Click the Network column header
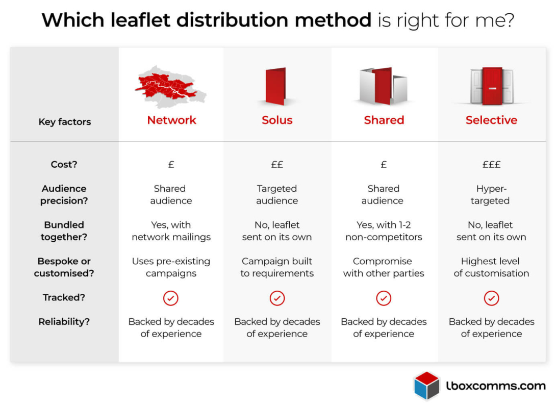coord(171,120)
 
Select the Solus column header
coord(277,120)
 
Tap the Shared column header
coord(384,120)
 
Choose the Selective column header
coord(491,120)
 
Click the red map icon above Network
coord(170,86)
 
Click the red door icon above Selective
coord(492,85)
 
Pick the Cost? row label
coord(64,165)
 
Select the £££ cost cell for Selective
coord(491,165)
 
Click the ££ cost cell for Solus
coord(277,165)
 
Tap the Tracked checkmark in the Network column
coord(171,298)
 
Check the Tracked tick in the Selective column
coord(491,298)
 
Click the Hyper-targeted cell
coord(491,195)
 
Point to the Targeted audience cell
coord(277,195)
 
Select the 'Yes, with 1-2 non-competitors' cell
coord(384,231)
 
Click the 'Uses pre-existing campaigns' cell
coord(171,267)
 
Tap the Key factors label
coord(65,122)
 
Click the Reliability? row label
coord(64,322)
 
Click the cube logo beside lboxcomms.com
coord(427,386)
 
